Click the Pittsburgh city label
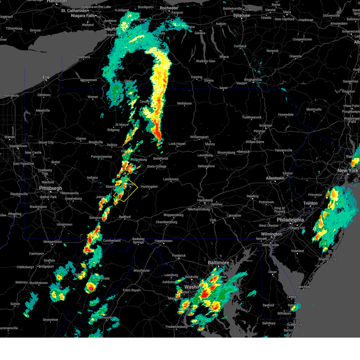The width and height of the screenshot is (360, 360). pyautogui.click(x=50, y=188)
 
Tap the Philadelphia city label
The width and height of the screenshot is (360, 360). pyautogui.click(x=290, y=220)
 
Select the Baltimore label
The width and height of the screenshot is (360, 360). pyautogui.click(x=218, y=263)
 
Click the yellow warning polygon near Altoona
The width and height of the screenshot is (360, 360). pyautogui.click(x=126, y=190)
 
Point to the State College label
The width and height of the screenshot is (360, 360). pyautogui.click(x=157, y=166)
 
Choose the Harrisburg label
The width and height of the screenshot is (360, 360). pyautogui.click(x=205, y=200)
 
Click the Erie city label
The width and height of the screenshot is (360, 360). pyautogui.click(x=46, y=77)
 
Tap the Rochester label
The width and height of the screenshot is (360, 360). pyautogui.click(x=169, y=8)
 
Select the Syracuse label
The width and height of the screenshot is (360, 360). pyautogui.click(x=241, y=15)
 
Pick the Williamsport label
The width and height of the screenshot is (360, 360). pyautogui.click(x=199, y=137)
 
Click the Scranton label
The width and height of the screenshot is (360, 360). pyautogui.click(x=265, y=126)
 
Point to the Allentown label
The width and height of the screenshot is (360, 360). pyautogui.click(x=275, y=178)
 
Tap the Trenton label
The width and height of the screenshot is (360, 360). pyautogui.click(x=310, y=203)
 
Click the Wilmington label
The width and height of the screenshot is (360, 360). pyautogui.click(x=271, y=234)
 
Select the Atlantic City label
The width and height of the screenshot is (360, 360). pyautogui.click(x=327, y=259)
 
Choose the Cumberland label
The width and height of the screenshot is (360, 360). pyautogui.click(x=112, y=241)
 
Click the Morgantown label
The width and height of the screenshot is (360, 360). pyautogui.click(x=53, y=242)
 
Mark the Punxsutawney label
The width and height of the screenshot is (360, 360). pyautogui.click(x=101, y=157)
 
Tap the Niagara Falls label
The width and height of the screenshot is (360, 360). pyautogui.click(x=83, y=16)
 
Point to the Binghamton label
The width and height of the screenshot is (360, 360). pyautogui.click(x=253, y=80)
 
